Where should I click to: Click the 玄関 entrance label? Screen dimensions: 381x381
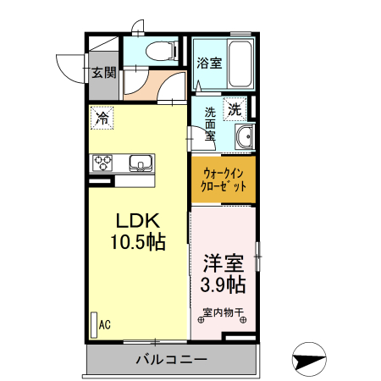[x=104, y=72]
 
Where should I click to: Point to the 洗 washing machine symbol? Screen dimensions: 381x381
[x=234, y=108]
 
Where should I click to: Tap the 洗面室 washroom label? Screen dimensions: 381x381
[x=210, y=126]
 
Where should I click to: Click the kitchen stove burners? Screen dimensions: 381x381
[x=103, y=163]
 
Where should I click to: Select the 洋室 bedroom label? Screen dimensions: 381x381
[x=224, y=262]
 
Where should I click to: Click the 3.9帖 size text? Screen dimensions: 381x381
[x=224, y=284]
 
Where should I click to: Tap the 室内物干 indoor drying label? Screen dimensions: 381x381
[x=224, y=312]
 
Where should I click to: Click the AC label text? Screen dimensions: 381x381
[x=106, y=323]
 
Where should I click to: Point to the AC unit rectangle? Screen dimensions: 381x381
[x=92, y=324]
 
